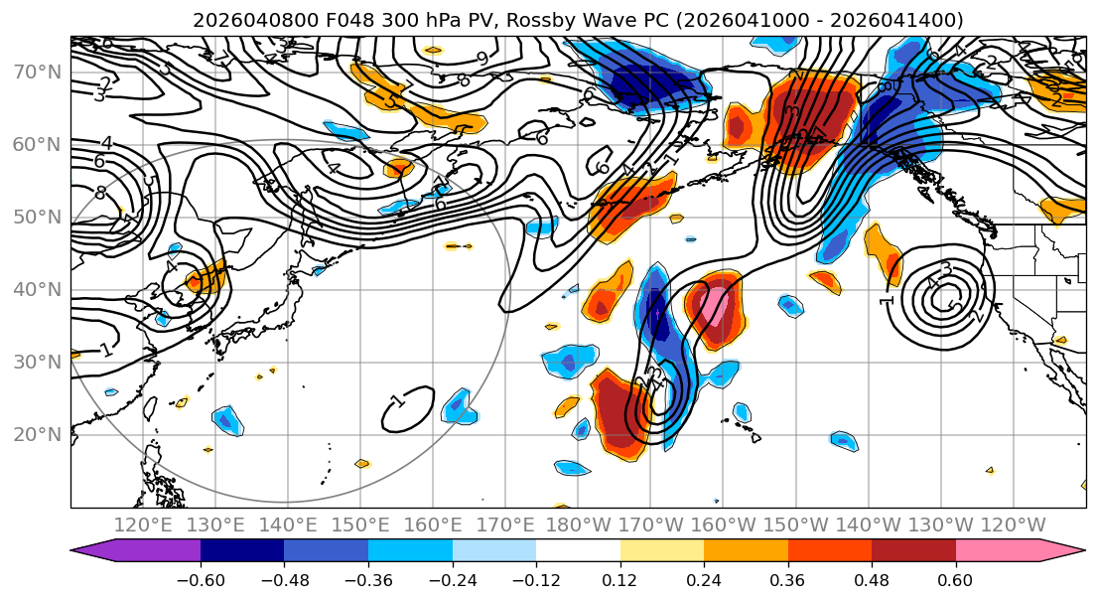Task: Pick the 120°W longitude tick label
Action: click(x=1013, y=525)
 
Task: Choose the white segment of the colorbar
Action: click(x=578, y=551)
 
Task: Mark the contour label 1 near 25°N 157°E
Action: click(x=397, y=401)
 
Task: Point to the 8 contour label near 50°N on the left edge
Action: click(x=100, y=193)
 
